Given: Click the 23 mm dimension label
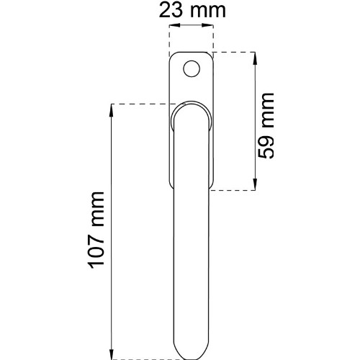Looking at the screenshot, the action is click(x=192, y=10).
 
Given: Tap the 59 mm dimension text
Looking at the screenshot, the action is click(x=266, y=125).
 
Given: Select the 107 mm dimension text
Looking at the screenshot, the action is click(x=96, y=230).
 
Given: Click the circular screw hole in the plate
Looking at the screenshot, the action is click(x=192, y=68).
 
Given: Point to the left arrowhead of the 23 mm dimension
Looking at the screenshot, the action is click(x=175, y=25).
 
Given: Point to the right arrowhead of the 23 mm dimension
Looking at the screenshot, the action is click(x=207, y=25).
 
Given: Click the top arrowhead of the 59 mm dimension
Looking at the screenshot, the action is click(x=255, y=58).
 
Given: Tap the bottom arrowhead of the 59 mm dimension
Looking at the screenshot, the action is click(x=255, y=184).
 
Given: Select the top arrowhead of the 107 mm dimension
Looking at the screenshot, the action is click(x=112, y=110).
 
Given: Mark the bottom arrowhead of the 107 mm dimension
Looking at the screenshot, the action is click(x=112, y=354).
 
